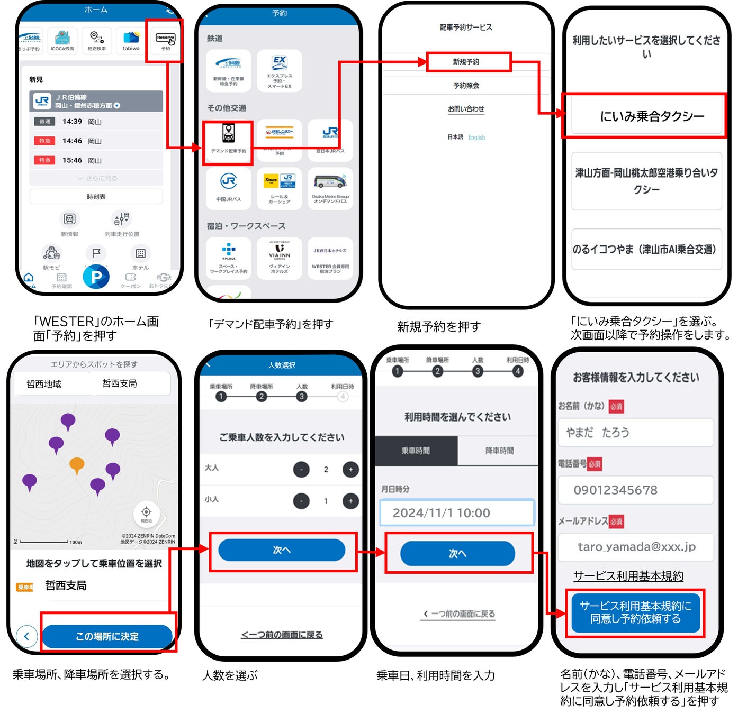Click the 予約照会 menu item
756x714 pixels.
[x=466, y=85]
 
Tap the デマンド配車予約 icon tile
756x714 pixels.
[x=228, y=139]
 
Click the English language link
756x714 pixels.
[x=476, y=138]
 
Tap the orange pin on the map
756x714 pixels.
[x=77, y=464]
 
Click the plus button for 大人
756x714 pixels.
[x=350, y=469]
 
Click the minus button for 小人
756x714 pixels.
[x=301, y=501]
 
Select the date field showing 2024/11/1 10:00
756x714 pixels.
[x=457, y=512]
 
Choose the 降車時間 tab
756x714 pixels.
[x=499, y=451]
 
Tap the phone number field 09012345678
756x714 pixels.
[x=635, y=490]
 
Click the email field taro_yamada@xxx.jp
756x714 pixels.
[x=635, y=546]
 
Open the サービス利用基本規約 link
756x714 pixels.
[x=628, y=576]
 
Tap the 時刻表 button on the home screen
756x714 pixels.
[x=96, y=197]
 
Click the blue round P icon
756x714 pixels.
[x=96, y=277]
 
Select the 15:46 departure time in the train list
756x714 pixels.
[x=72, y=160]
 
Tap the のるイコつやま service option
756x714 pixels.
[x=646, y=249]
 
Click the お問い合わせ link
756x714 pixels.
[x=466, y=109]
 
